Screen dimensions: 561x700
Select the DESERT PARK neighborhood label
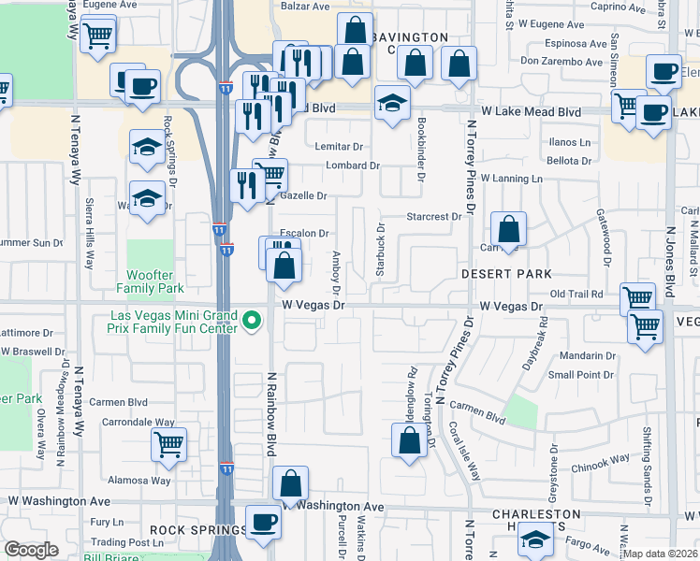pos(505,273)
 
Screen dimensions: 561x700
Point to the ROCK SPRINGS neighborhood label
pos(197,530)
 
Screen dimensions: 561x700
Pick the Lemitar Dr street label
pos(339,147)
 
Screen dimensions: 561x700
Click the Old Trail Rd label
pos(577,294)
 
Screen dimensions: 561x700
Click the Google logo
pos(31,549)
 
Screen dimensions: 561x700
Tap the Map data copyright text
pos(662,554)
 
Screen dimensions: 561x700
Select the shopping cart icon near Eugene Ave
pos(98,36)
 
